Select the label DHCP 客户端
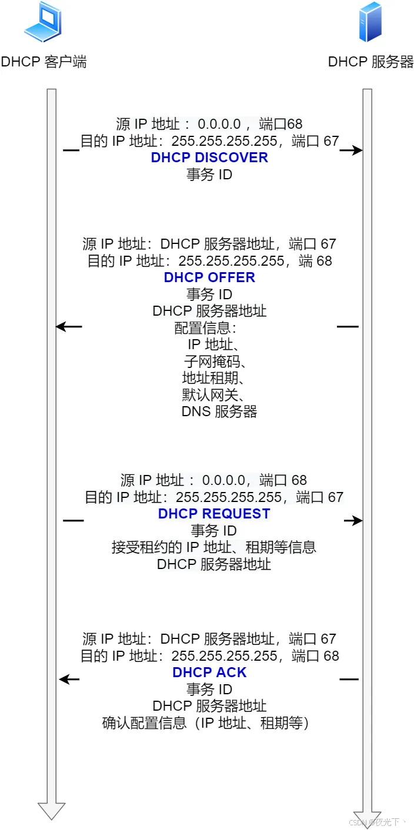[44, 62]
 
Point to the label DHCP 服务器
[371, 62]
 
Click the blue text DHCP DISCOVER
[209, 158]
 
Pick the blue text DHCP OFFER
[209, 277]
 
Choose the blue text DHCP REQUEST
[214, 514]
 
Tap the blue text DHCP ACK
[209, 672]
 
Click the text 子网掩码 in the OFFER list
[210, 361]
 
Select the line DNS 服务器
[219, 411]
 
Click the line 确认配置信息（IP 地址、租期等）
[205, 723]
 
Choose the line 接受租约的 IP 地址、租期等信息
[214, 547]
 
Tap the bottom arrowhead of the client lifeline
[52, 812]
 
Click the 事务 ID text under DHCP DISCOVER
[209, 175]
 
